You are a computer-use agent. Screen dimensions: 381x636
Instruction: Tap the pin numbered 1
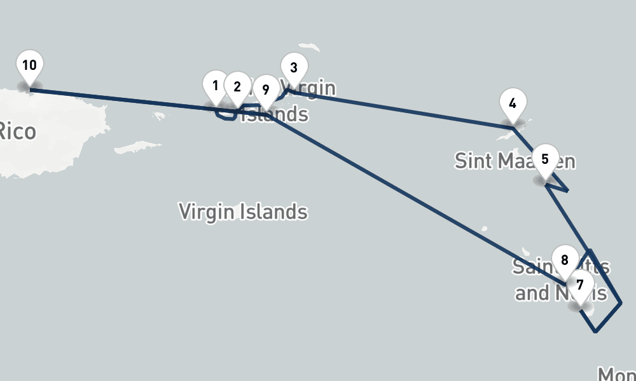click(216, 86)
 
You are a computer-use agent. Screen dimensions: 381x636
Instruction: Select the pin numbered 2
click(237, 87)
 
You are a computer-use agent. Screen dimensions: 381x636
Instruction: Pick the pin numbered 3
click(294, 68)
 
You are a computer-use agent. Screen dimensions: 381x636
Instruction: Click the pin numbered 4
click(513, 104)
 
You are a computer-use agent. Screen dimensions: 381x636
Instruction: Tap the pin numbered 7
click(579, 286)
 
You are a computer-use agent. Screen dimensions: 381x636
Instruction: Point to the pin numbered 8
click(564, 260)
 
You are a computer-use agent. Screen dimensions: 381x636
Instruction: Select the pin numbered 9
click(266, 90)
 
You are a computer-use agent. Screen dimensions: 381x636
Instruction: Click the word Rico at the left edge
click(17, 131)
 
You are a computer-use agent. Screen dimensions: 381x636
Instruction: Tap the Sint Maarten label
click(515, 161)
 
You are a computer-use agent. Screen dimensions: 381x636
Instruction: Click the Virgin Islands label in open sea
click(243, 211)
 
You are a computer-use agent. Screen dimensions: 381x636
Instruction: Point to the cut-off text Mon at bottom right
click(615, 373)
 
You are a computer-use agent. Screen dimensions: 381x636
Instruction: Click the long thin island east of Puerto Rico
click(136, 147)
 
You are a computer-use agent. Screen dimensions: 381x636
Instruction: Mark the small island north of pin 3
click(310, 48)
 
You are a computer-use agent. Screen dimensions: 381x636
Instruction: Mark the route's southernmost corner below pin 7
click(595, 331)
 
